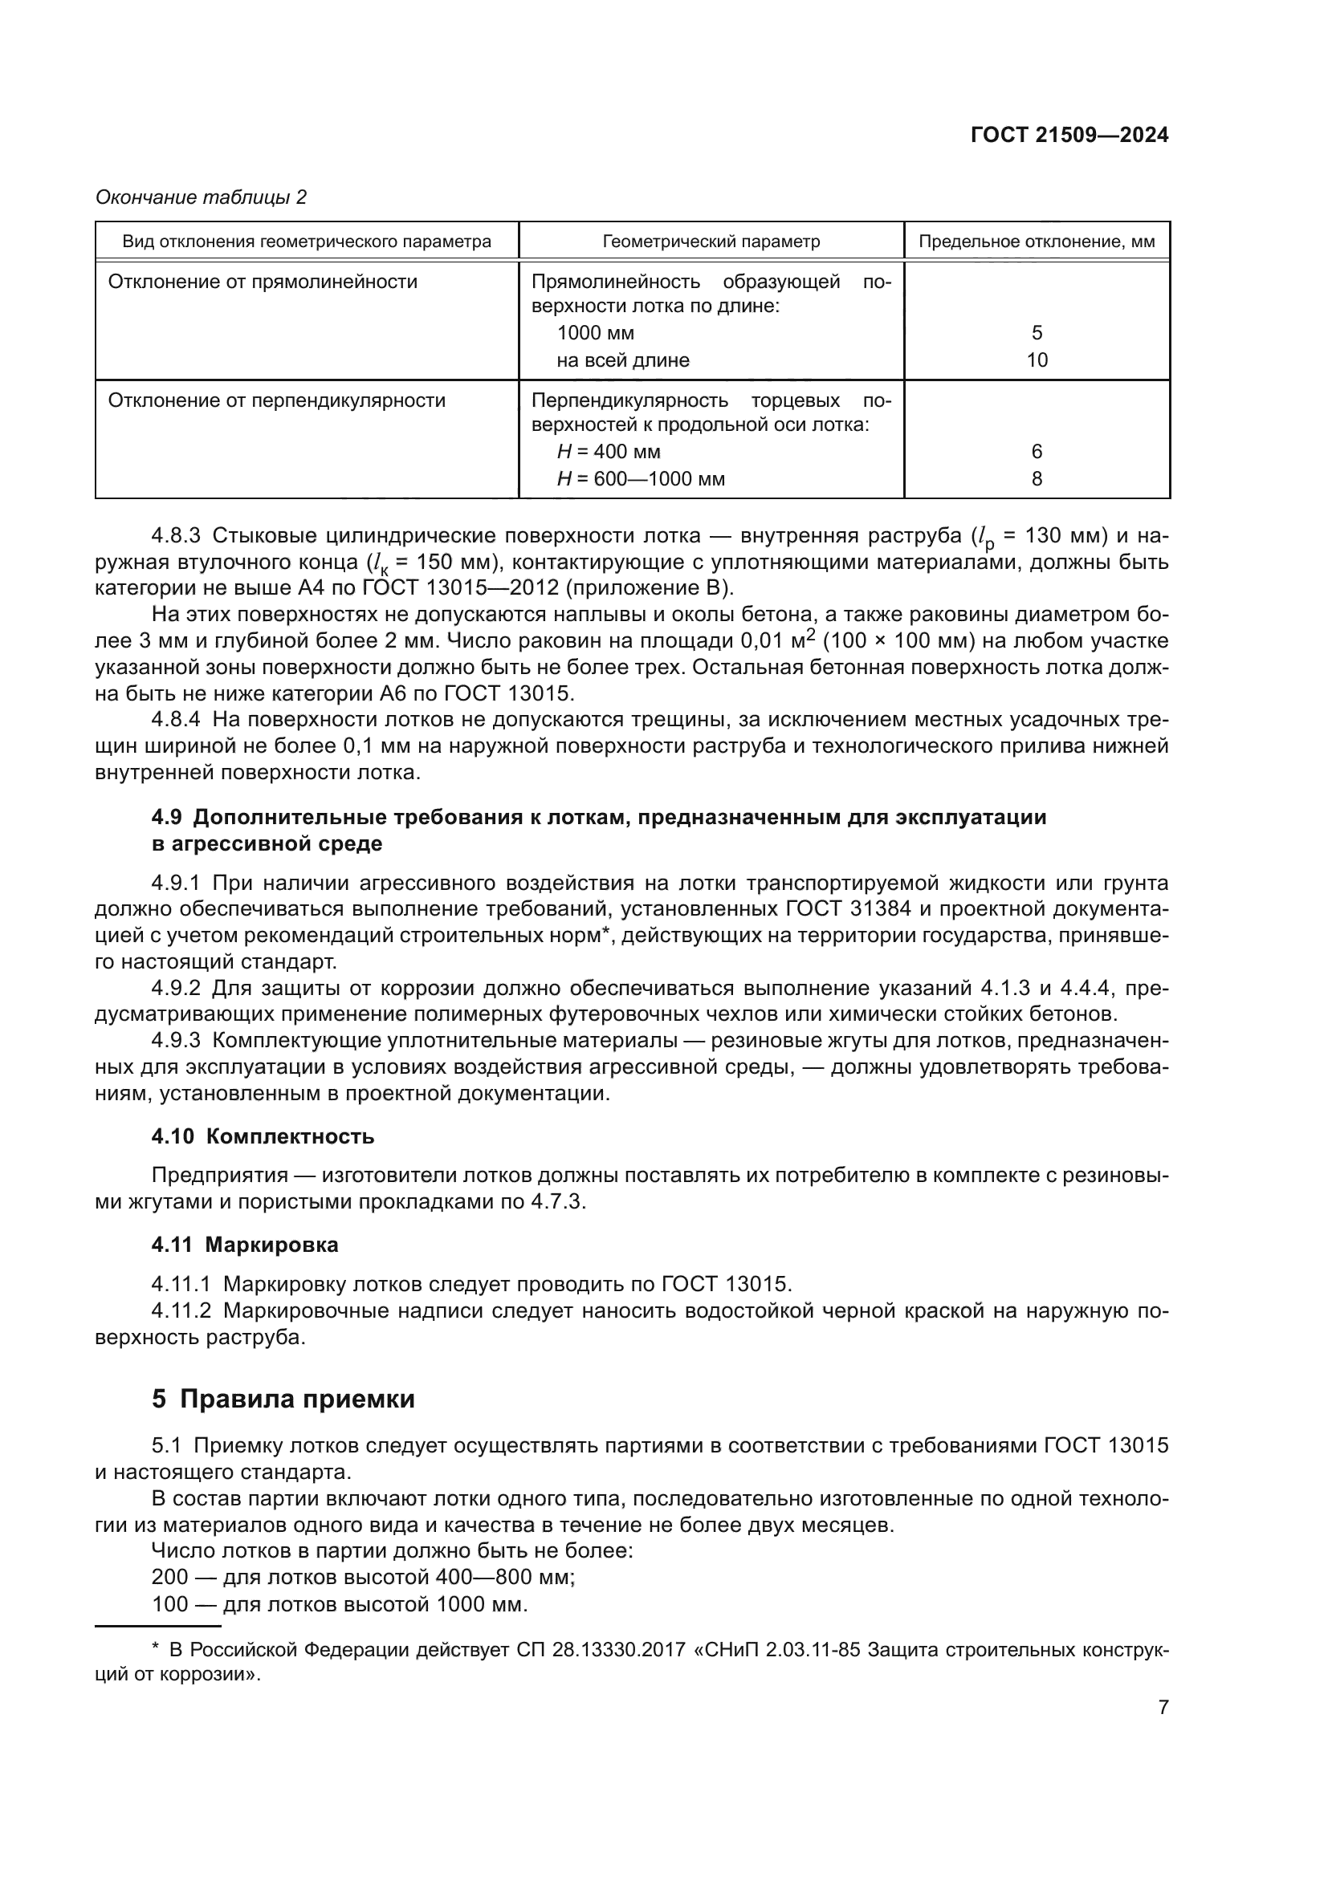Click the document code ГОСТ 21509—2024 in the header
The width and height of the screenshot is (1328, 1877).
pos(1069,136)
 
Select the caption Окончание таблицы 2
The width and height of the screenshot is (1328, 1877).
pos(202,197)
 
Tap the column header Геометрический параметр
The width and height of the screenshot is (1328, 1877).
pos(711,242)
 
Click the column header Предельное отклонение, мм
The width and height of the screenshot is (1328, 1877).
pos(1036,242)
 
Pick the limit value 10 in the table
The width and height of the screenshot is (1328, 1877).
pos(1036,360)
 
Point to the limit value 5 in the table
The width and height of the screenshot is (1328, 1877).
pos(1036,333)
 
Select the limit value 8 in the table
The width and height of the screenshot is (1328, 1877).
pos(1036,479)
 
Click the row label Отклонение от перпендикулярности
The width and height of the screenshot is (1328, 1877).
pos(276,400)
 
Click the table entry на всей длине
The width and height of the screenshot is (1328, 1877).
pos(622,360)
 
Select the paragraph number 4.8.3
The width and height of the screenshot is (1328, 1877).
pos(176,535)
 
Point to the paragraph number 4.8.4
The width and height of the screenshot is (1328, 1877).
pos(176,719)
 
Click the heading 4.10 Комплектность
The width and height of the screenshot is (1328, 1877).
pos(263,1136)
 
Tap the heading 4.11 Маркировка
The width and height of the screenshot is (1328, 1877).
pos(245,1245)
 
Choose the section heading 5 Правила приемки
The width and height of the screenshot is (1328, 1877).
pos(283,1399)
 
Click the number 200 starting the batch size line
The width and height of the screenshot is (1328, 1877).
pos(169,1577)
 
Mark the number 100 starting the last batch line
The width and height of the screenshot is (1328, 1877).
pos(169,1604)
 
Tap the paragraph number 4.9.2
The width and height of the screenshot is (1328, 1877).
pos(176,989)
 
